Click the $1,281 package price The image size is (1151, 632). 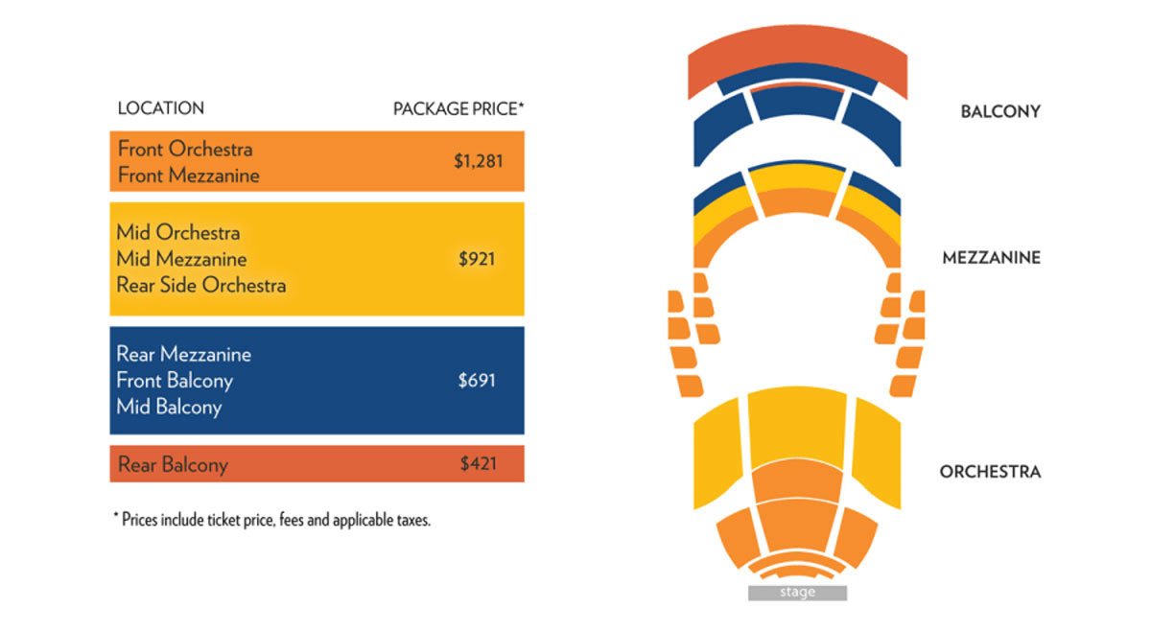(x=478, y=162)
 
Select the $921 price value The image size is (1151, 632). (x=477, y=259)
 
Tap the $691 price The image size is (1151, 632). (x=477, y=381)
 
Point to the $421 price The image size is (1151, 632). (x=477, y=465)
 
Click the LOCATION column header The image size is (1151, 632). (x=160, y=108)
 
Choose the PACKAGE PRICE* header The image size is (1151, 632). (x=458, y=108)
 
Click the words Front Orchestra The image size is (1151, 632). (x=185, y=149)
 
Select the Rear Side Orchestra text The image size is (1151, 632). (x=201, y=285)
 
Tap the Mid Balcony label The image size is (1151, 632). (x=169, y=407)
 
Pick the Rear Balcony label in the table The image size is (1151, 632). (x=173, y=465)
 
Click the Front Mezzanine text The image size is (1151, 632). (x=189, y=176)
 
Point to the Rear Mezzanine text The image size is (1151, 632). (x=184, y=354)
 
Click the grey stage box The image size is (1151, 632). (x=797, y=593)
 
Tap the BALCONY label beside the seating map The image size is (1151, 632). (x=1000, y=111)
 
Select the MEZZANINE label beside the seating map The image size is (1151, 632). (x=991, y=257)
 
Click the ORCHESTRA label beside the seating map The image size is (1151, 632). (x=990, y=471)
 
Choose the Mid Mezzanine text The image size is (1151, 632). (x=181, y=259)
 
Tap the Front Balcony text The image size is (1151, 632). (x=175, y=381)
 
